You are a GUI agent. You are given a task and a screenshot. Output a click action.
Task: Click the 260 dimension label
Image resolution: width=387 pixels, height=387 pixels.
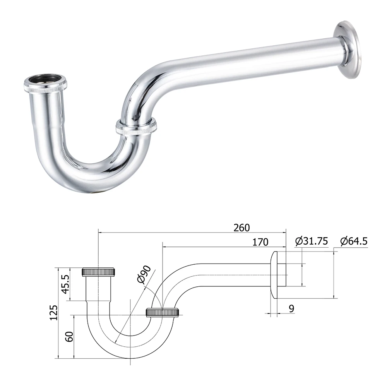(x=241, y=228)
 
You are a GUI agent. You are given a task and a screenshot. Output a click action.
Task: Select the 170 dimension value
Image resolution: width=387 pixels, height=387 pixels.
(x=260, y=242)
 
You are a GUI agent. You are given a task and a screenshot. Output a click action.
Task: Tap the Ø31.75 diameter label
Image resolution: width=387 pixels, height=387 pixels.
(x=311, y=241)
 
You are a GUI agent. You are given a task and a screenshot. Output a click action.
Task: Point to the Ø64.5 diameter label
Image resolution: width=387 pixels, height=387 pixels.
(x=354, y=241)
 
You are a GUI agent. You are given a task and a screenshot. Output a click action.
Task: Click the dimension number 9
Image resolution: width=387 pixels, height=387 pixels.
(x=291, y=308)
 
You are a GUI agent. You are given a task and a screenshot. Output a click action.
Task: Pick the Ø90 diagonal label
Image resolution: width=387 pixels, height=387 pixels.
(x=144, y=276)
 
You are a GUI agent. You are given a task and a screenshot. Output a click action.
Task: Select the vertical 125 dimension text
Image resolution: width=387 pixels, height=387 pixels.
(x=54, y=312)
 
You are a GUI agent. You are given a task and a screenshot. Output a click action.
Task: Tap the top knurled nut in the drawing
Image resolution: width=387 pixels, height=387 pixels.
(x=99, y=271)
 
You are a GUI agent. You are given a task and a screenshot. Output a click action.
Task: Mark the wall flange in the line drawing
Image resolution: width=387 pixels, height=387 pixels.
(x=274, y=275)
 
